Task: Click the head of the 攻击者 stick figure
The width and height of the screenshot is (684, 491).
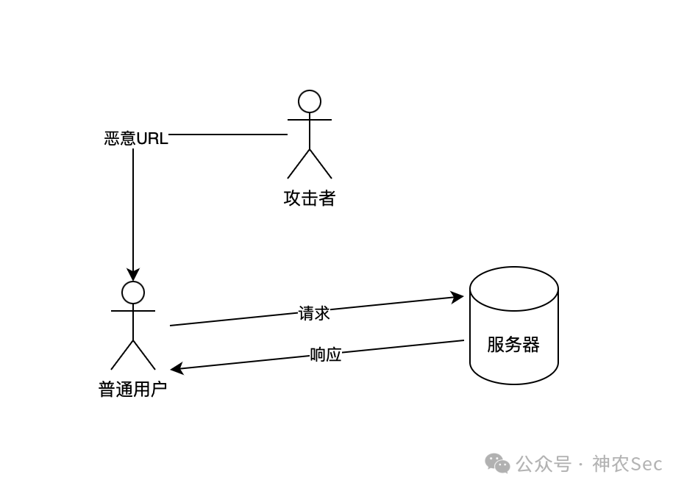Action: point(310,101)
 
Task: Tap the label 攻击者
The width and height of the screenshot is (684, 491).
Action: point(310,198)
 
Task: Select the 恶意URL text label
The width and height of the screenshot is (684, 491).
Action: point(136,138)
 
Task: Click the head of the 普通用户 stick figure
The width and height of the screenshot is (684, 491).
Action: point(133,293)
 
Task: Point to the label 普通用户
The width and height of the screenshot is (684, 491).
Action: point(133,389)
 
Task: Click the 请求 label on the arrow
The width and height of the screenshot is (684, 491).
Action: point(314,313)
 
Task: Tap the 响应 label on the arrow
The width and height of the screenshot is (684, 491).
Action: point(326,355)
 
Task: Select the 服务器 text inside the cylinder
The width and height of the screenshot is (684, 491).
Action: point(513,345)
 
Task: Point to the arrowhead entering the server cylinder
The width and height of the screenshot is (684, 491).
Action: point(458,297)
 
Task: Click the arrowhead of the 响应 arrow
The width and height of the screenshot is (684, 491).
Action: point(177,368)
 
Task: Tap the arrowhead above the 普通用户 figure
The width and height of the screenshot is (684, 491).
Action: point(133,275)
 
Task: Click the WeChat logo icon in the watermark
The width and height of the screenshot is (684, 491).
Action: point(497,463)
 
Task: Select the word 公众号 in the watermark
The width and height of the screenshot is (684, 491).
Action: point(544,464)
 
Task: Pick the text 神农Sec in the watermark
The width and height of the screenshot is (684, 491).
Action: point(627,464)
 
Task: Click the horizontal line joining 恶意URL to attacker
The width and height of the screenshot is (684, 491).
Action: point(228,135)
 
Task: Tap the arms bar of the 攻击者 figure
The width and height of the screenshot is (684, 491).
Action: point(310,119)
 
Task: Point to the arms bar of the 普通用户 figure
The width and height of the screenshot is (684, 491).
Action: point(133,311)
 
